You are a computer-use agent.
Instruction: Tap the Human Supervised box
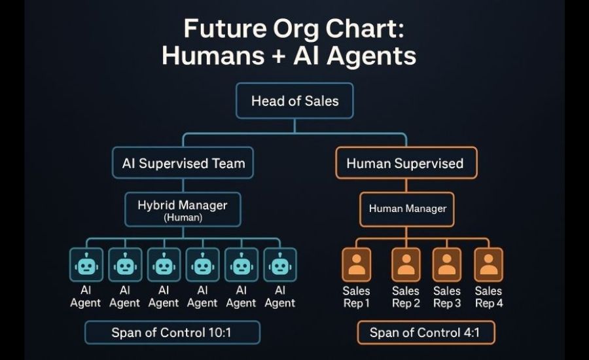pyautogui.click(x=405, y=163)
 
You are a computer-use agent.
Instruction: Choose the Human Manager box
pyautogui.click(x=407, y=209)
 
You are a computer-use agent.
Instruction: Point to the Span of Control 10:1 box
pyautogui.click(x=171, y=333)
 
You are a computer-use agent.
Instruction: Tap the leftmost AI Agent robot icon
pyautogui.click(x=86, y=264)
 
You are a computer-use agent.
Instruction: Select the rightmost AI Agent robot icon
pyautogui.click(x=279, y=264)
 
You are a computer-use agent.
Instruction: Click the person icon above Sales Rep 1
pyautogui.click(x=356, y=264)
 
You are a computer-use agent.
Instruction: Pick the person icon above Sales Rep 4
pyautogui.click(x=488, y=264)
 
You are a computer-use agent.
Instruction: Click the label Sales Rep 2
pyautogui.click(x=406, y=297)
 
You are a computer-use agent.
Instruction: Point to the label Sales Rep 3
pyautogui.click(x=447, y=297)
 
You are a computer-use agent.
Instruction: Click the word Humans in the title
pyautogui.click(x=202, y=56)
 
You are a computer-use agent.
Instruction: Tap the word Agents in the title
pyautogui.click(x=372, y=56)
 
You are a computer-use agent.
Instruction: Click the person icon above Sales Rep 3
pyautogui.click(x=447, y=264)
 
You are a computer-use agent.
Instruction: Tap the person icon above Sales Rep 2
pyautogui.click(x=406, y=264)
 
